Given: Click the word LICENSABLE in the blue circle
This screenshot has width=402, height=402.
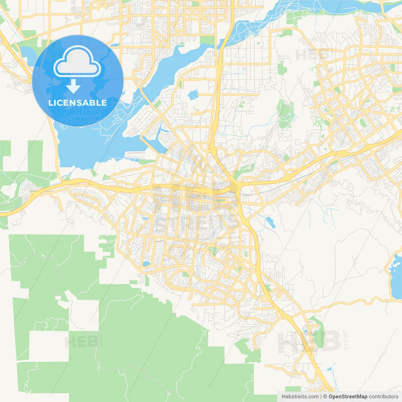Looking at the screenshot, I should tap(77, 103).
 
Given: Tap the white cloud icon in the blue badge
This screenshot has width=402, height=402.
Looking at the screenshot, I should tap(77, 62).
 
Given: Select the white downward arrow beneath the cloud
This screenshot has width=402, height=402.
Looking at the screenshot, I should tap(73, 86).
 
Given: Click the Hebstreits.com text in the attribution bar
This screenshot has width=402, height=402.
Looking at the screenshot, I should tap(300, 397).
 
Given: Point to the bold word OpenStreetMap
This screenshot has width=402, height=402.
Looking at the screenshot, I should tap(348, 397).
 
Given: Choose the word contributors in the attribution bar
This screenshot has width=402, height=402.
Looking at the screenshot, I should tap(383, 397).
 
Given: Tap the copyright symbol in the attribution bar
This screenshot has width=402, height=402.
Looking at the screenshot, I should tap(325, 397).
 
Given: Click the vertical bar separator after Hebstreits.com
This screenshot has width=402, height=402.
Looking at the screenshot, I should tap(321, 397).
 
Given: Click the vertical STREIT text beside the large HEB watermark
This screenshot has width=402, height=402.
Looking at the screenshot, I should tap(346, 340).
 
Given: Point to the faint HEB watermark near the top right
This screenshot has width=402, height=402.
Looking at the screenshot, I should tap(312, 55).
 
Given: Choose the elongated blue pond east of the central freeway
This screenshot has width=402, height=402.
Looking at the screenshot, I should tap(270, 222).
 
